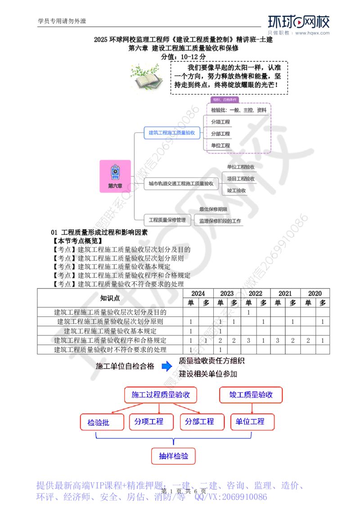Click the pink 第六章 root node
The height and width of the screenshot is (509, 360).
click(115, 176)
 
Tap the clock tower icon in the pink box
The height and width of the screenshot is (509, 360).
click(115, 171)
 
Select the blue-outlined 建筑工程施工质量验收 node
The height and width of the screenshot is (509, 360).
click(171, 133)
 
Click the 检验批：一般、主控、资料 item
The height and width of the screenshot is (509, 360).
click(238, 110)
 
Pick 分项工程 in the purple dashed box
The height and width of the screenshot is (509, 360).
click(220, 122)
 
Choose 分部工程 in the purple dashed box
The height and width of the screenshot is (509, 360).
click(220, 134)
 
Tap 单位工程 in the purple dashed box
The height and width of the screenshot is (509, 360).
click(220, 146)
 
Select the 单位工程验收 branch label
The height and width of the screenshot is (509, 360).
click(241, 167)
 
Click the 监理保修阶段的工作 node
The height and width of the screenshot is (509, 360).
click(219, 221)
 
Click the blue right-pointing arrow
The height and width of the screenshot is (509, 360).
click(167, 366)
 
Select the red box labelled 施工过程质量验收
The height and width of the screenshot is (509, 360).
click(160, 395)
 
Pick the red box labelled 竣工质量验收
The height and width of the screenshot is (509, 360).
click(251, 395)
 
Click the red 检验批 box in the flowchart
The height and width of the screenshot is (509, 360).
click(102, 422)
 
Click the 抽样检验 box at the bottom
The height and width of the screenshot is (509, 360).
click(173, 456)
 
